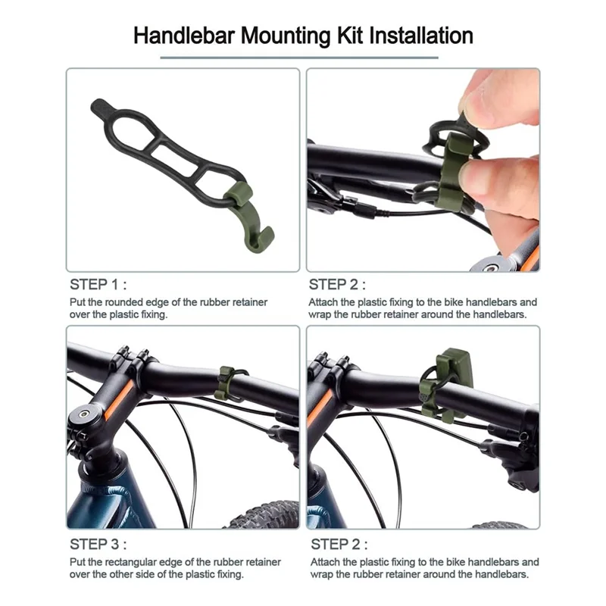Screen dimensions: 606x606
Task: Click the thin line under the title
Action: click(x=299, y=57)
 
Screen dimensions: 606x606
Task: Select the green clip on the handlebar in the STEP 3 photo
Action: click(x=223, y=383)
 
